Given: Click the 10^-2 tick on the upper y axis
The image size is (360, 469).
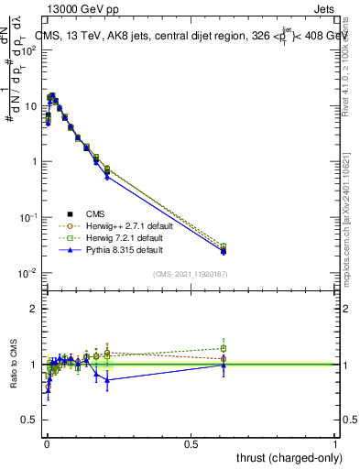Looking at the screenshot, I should (x=29, y=273).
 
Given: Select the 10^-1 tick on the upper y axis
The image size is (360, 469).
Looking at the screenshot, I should (x=29, y=217).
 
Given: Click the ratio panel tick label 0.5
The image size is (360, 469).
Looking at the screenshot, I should (x=29, y=420).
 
